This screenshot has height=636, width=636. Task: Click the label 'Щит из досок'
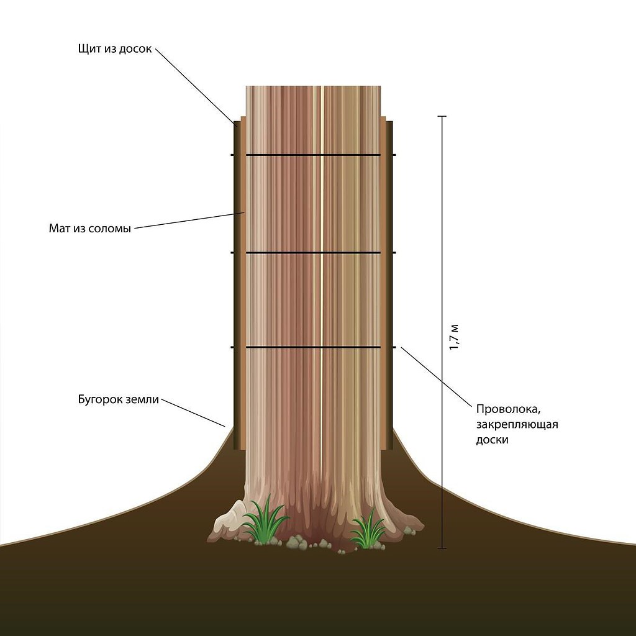(x=115, y=49)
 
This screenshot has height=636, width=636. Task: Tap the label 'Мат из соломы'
(x=90, y=228)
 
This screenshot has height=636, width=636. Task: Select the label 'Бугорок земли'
(x=118, y=399)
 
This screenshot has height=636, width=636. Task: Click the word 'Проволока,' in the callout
(x=504, y=409)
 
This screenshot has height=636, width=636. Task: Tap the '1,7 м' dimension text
(x=454, y=337)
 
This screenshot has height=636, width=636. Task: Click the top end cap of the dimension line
(x=442, y=116)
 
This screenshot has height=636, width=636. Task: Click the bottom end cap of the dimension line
(x=442, y=548)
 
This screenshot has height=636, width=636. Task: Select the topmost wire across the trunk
(x=314, y=155)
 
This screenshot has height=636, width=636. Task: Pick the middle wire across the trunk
(x=314, y=253)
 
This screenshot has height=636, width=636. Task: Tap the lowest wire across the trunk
(x=314, y=347)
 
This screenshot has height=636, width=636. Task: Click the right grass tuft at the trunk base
(x=368, y=531)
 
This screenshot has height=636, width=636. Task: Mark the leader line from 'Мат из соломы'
(x=189, y=220)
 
